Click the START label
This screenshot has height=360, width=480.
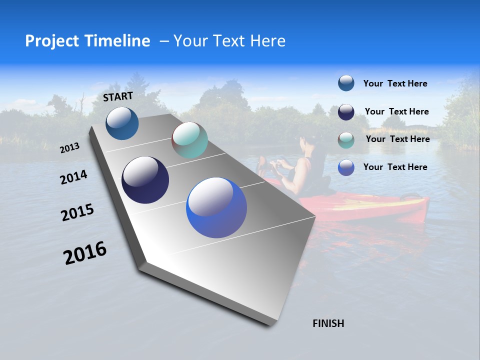(118, 96)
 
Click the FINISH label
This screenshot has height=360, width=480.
(328, 323)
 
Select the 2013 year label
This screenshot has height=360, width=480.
(70, 148)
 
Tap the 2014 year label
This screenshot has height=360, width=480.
(74, 177)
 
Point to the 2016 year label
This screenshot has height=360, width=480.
(85, 253)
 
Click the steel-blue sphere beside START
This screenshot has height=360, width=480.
(122, 123)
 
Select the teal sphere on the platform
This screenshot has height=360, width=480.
(189, 140)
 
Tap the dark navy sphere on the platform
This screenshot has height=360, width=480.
(145, 180)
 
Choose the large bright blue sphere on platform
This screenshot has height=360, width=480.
(216, 207)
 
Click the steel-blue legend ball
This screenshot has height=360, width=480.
(346, 83)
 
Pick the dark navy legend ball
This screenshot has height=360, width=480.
(346, 112)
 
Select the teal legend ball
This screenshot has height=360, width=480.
(346, 140)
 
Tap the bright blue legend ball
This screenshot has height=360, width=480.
(346, 167)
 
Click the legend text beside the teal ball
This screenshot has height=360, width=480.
(397, 139)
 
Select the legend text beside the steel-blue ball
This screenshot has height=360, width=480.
(395, 83)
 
